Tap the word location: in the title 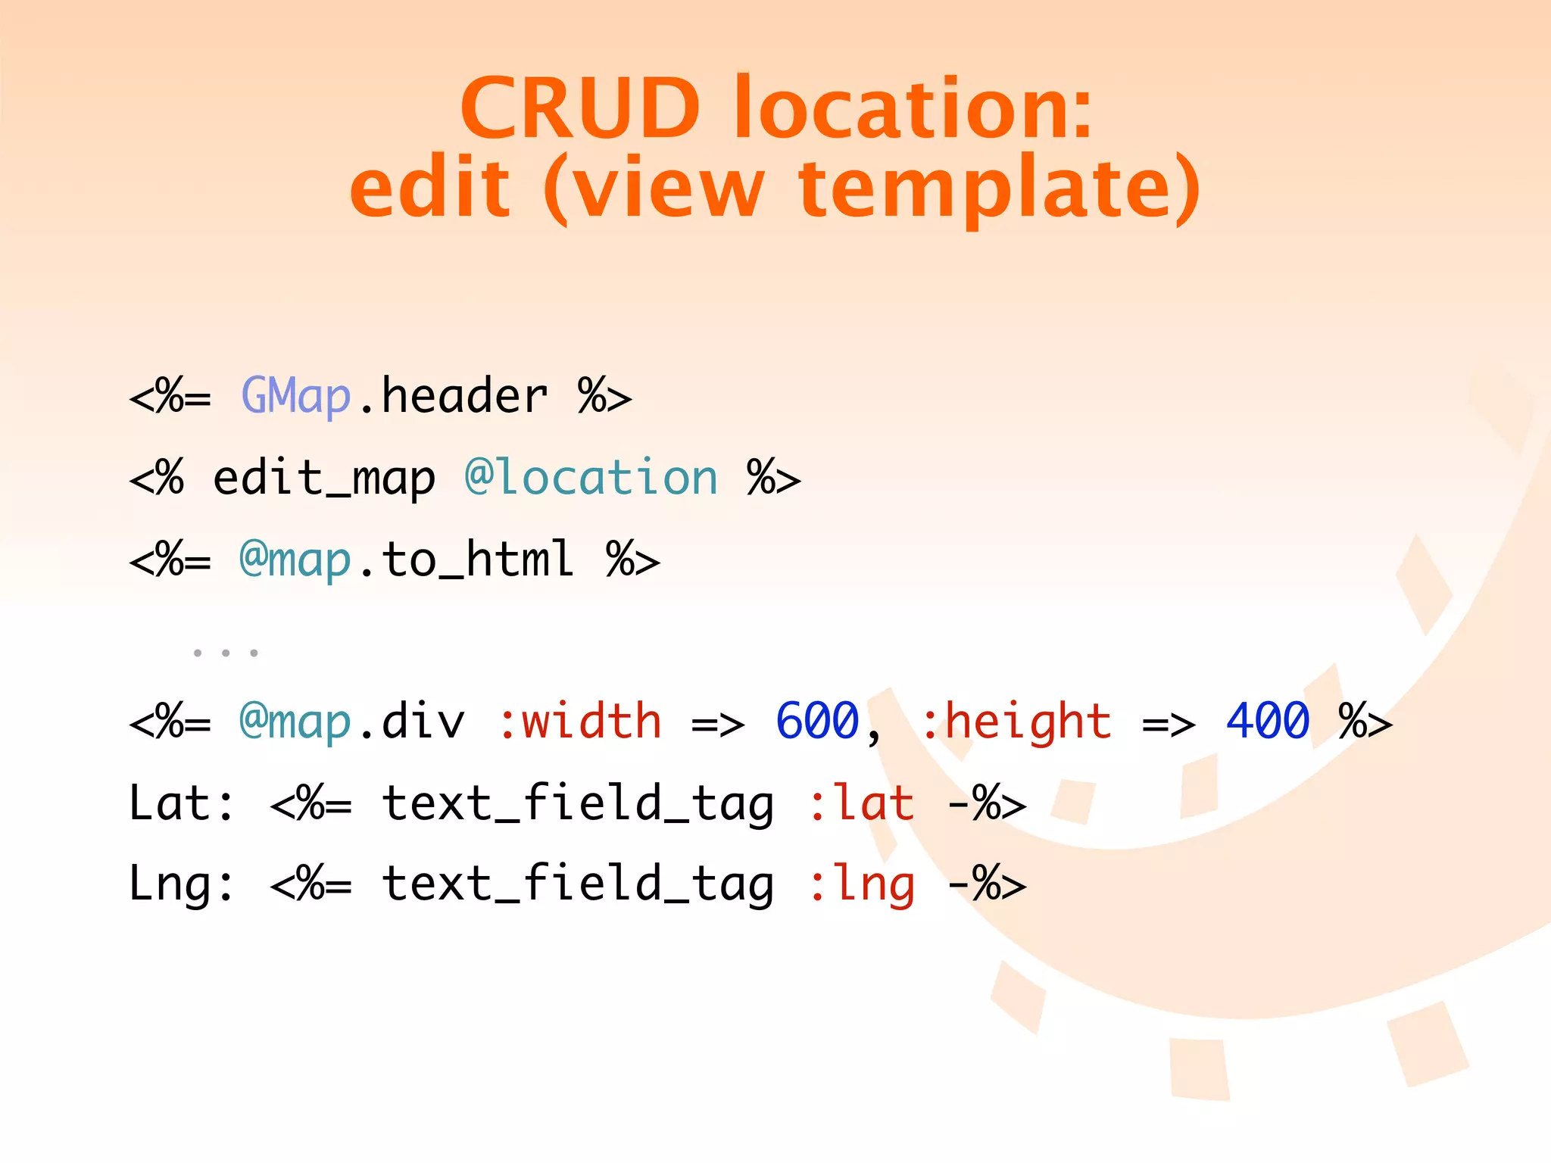point(913,108)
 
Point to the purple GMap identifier point(296,396)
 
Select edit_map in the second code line point(324,479)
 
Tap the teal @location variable point(591,479)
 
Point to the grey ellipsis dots point(226,652)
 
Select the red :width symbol point(580,721)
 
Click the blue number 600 point(818,721)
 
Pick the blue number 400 point(1268,721)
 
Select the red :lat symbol point(862,803)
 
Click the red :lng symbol point(862,884)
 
